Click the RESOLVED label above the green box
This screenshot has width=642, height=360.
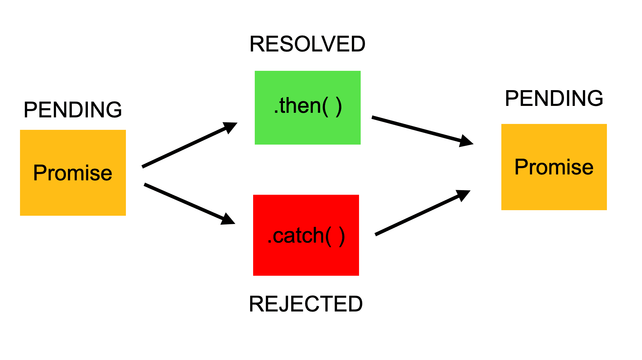pyautogui.click(x=307, y=44)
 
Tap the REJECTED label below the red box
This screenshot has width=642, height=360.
pyautogui.click(x=306, y=304)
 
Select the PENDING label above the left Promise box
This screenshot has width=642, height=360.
pyautogui.click(x=72, y=110)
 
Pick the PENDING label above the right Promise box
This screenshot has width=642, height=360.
pyautogui.click(x=554, y=98)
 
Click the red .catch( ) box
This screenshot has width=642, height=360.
pyautogui.click(x=306, y=259)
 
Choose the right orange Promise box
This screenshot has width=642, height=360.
pyautogui.click(x=554, y=193)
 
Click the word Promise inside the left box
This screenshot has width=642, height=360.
pyautogui.click(x=72, y=173)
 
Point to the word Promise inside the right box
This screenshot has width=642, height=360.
pyautogui.click(x=554, y=167)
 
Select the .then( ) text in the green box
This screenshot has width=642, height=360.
pyautogui.click(x=308, y=106)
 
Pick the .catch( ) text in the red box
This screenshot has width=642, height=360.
pyautogui.click(x=306, y=235)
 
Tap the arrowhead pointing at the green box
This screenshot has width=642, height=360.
pyautogui.click(x=231, y=127)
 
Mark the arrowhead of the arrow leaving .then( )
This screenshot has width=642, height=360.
pyautogui.click(x=466, y=141)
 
